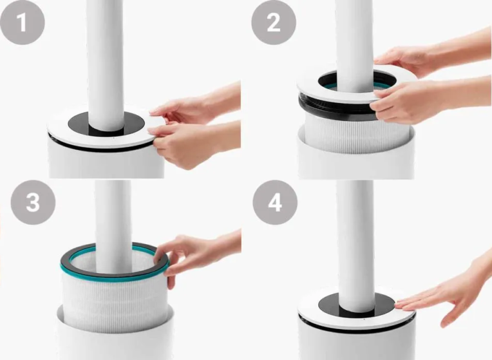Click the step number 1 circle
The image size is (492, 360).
[23, 23]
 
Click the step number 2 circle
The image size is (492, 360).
[274, 23]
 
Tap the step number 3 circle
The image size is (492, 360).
[33, 202]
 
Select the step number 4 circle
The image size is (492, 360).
[275, 202]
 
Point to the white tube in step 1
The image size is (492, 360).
[106, 62]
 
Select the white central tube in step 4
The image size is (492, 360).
[355, 245]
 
